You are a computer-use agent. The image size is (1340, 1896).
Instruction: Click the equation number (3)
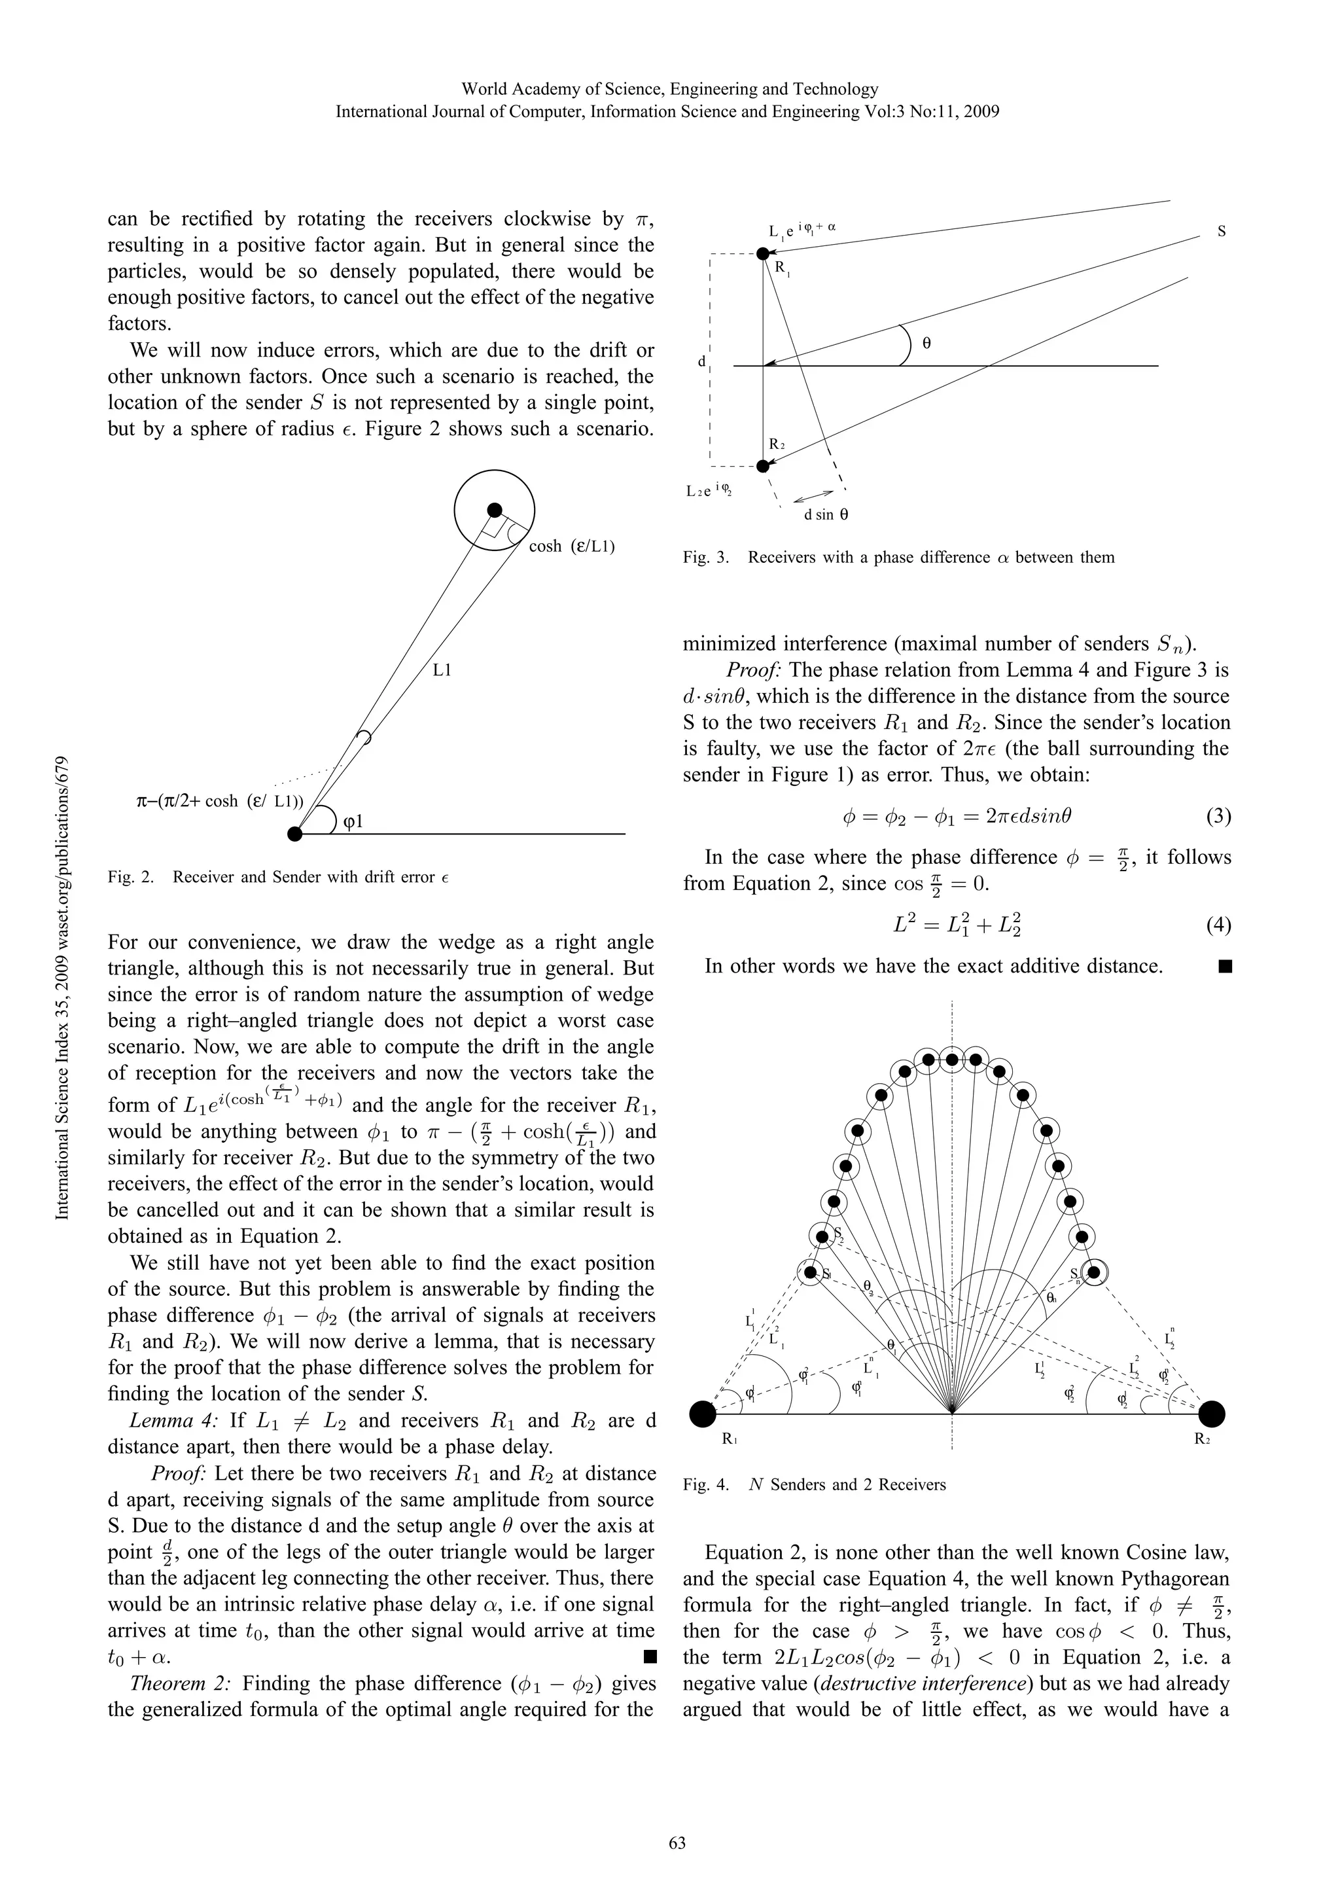point(1218,817)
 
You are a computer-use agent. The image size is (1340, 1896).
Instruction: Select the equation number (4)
point(1218,925)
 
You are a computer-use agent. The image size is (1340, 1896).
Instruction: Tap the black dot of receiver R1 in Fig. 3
point(763,253)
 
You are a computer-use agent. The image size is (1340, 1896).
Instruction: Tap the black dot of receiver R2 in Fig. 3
point(763,467)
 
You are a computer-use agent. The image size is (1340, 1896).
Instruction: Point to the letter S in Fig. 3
point(1221,232)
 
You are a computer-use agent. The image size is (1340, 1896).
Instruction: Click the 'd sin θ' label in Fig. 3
point(826,514)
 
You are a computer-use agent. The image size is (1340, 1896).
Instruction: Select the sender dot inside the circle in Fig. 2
point(494,510)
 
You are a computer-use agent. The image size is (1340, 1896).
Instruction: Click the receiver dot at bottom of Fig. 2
point(294,834)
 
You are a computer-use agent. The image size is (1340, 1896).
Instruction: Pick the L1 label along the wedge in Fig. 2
point(442,671)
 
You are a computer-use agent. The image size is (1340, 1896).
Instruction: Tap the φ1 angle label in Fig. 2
point(353,823)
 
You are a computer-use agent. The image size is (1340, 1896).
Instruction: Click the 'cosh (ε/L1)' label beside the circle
point(571,546)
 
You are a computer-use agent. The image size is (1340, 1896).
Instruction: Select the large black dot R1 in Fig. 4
point(703,1414)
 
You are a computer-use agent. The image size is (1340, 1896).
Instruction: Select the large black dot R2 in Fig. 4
point(1211,1414)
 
